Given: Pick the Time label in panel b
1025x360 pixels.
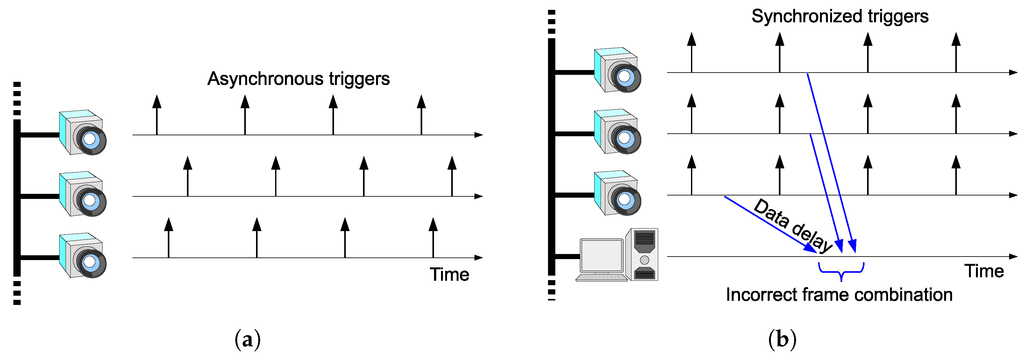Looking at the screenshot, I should click(x=984, y=271).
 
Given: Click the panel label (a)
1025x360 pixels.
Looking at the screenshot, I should click(x=247, y=340).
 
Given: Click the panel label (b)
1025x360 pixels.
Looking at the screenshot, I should click(x=782, y=340).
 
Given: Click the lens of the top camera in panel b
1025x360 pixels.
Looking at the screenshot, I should click(x=625, y=76).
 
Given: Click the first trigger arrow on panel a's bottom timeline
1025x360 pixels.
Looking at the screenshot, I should click(x=169, y=237).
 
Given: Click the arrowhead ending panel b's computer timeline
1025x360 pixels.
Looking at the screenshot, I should click(x=1014, y=257).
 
